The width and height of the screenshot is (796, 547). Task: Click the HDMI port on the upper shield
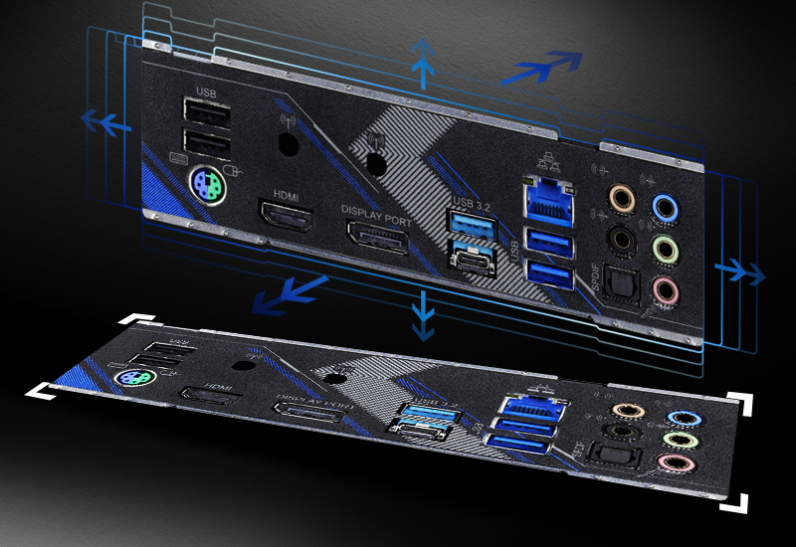pyautogui.click(x=287, y=216)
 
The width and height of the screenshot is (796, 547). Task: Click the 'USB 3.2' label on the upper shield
pyautogui.click(x=472, y=204)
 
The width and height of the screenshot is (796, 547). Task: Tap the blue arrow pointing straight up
pyautogui.click(x=425, y=62)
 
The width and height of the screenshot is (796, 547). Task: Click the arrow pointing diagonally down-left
pyautogui.click(x=289, y=293)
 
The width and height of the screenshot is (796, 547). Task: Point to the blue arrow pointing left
pyautogui.click(x=105, y=121)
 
